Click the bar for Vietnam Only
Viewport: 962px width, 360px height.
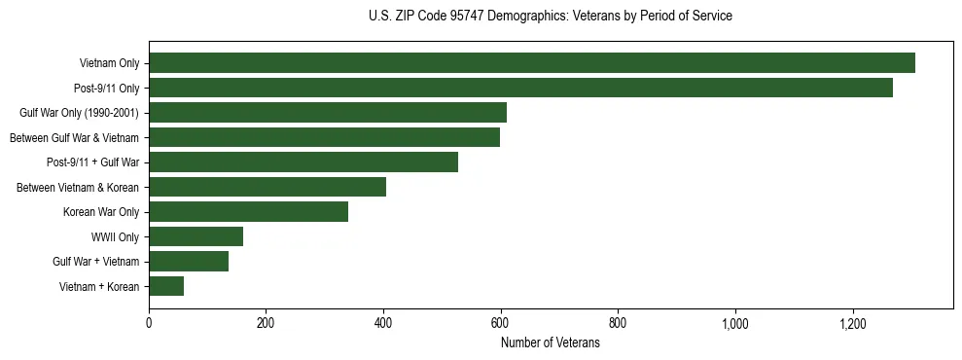click(532, 63)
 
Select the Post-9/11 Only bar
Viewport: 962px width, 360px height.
click(520, 88)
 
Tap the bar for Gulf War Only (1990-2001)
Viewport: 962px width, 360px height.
click(328, 113)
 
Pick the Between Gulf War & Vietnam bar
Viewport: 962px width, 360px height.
click(324, 137)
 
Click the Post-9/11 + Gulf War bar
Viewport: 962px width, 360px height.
click(303, 162)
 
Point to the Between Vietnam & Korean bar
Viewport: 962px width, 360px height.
click(267, 187)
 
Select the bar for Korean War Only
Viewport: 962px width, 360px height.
click(248, 212)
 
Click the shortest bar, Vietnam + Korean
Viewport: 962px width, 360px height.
click(166, 286)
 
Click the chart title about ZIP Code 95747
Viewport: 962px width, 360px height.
click(551, 17)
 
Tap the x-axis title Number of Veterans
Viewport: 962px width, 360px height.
click(551, 343)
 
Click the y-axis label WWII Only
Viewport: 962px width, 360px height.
click(115, 236)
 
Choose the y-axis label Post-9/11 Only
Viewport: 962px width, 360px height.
click(106, 89)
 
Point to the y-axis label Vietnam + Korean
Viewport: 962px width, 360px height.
click(99, 286)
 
